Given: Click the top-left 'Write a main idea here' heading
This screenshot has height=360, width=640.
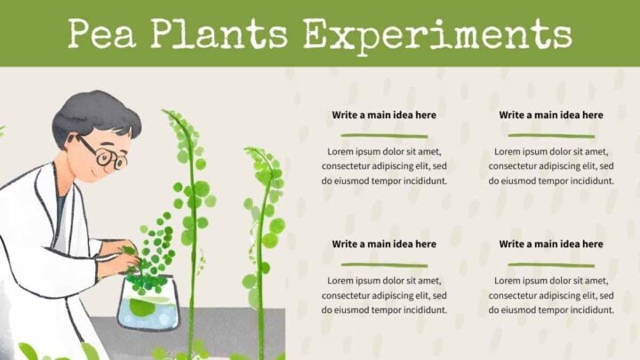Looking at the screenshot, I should (x=384, y=115).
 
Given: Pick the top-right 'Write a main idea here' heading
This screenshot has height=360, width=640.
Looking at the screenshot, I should (x=550, y=115).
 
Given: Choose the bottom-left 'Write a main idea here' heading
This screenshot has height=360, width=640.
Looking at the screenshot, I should (x=384, y=244).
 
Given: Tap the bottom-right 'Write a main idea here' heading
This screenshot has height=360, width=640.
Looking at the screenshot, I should (x=550, y=244).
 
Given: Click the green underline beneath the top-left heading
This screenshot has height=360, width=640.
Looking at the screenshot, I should (x=384, y=135).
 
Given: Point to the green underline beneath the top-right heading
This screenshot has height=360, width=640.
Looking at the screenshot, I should (x=550, y=135).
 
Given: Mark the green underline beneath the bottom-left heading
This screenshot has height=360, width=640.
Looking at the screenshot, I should (x=384, y=264).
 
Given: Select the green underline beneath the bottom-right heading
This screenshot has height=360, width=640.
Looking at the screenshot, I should (x=550, y=264).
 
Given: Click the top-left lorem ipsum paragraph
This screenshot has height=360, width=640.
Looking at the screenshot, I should (x=384, y=166).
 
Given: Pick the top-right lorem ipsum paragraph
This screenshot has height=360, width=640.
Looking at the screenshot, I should (x=550, y=166).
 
